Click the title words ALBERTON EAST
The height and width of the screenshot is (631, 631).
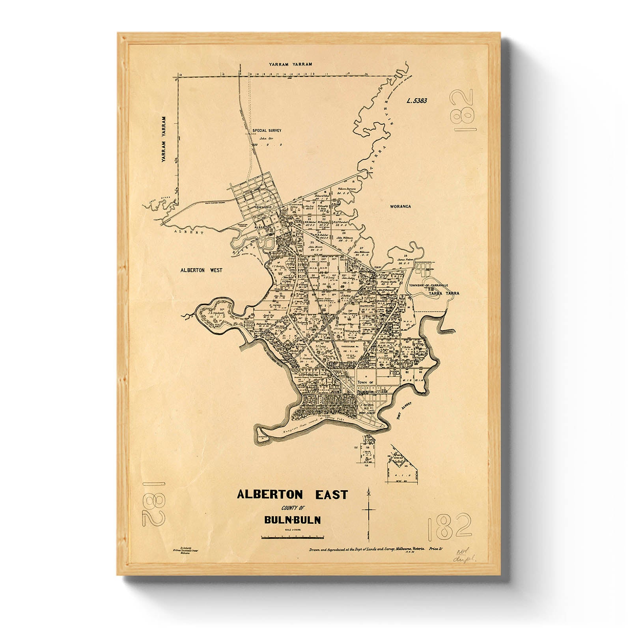[x=292, y=495]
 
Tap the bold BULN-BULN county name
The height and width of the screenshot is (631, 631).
[x=292, y=520]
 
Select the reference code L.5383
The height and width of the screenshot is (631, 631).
[x=416, y=101]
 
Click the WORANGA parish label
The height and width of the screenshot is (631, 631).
[x=400, y=206]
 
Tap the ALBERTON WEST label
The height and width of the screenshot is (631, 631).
[x=201, y=270]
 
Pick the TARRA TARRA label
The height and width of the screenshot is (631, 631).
[x=444, y=293]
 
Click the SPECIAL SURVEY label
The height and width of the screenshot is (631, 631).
[x=267, y=130]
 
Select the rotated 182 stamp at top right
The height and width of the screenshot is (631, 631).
[x=463, y=110]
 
